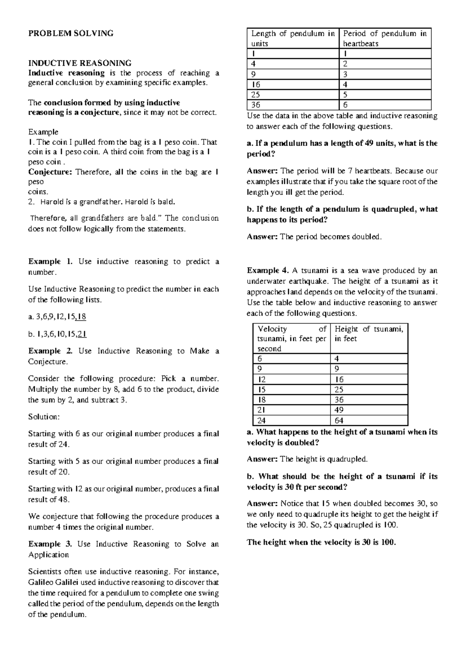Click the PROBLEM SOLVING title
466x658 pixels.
[x=71, y=33]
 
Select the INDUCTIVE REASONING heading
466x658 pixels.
[x=80, y=63]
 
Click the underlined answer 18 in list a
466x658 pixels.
[x=81, y=317]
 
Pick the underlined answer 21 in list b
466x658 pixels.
[x=82, y=334]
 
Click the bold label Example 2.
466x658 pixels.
[x=50, y=351]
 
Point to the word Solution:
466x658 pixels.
[x=44, y=417]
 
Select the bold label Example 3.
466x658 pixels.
[x=50, y=544]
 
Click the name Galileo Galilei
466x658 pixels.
[x=60, y=582]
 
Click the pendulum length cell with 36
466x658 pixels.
[x=256, y=105]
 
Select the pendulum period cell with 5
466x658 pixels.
[x=345, y=95]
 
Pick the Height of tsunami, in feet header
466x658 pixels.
[x=369, y=334]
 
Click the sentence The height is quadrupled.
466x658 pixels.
[x=323, y=459]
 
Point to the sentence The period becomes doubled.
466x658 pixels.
[x=331, y=237]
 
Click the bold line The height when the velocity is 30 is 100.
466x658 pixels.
[x=322, y=543]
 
